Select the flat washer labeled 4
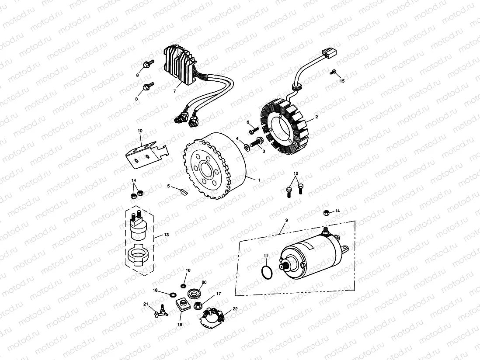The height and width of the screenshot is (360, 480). pyautogui.click(x=247, y=147)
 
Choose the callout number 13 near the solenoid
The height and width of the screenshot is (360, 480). pyautogui.click(x=167, y=235)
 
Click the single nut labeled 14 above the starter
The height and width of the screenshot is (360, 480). pyautogui.click(x=326, y=212)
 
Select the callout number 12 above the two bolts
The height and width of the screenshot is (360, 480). pyautogui.click(x=296, y=173)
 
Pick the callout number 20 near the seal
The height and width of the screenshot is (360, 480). pyautogui.click(x=204, y=283)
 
